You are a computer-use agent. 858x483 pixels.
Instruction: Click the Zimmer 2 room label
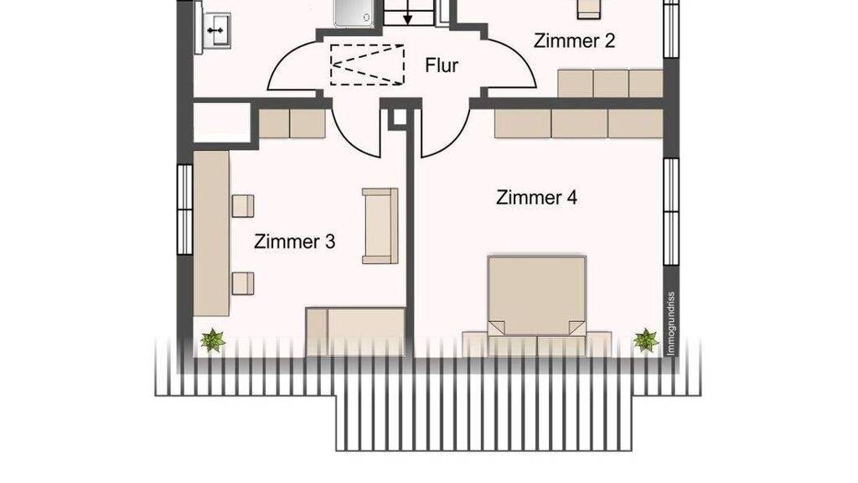point(574,41)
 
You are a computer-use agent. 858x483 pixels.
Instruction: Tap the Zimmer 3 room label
point(294,241)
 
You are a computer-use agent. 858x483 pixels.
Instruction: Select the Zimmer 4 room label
point(536,197)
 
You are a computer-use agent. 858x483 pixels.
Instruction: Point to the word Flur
point(442,65)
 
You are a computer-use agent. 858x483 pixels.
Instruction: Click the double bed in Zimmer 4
point(537,296)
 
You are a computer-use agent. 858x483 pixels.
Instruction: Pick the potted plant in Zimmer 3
point(212,340)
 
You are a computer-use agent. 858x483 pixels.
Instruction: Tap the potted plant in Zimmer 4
point(646,340)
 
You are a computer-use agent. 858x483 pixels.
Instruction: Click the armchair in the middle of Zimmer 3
point(380,226)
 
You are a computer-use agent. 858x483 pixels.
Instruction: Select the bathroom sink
point(217,31)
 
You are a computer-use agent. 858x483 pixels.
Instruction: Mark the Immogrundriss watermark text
point(671,324)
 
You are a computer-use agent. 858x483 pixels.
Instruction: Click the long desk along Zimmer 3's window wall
point(211,233)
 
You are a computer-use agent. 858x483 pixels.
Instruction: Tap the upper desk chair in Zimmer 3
point(242,206)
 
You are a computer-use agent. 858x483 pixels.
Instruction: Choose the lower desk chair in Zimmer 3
point(242,283)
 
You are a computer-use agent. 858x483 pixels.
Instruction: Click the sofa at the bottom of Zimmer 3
point(355,332)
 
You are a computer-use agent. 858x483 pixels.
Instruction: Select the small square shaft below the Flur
point(400,117)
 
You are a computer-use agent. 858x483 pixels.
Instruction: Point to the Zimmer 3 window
point(185,209)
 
